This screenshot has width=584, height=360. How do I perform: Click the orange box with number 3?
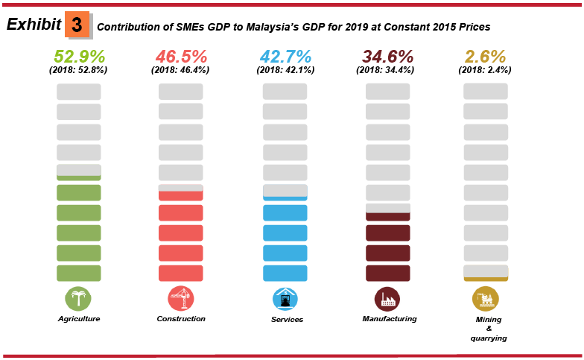point(76,25)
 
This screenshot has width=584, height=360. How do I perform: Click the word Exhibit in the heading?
point(34,25)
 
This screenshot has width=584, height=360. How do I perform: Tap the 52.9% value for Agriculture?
point(79,57)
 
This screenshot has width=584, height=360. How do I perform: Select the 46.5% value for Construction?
point(180,57)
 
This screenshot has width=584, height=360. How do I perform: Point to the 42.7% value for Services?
point(285,57)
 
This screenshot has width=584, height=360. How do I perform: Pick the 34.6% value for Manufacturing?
point(387,57)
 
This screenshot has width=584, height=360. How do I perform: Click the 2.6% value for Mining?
point(485,57)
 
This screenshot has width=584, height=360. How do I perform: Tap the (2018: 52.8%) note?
point(79,70)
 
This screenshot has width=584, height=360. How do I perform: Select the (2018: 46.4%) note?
point(180,70)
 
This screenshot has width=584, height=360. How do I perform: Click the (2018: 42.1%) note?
point(285,70)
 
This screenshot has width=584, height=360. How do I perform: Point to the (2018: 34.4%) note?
point(387,70)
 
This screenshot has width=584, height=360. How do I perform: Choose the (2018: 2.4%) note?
point(485,70)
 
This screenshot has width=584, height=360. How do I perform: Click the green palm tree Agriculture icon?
point(78,299)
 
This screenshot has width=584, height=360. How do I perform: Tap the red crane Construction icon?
point(180,299)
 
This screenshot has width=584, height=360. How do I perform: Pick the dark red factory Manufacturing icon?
point(387,299)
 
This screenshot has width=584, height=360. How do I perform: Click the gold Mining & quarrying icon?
point(486,299)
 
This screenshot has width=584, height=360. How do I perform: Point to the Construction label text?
point(181,319)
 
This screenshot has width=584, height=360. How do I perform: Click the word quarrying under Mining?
point(489,338)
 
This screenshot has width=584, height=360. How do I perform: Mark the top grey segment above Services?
point(285,92)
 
